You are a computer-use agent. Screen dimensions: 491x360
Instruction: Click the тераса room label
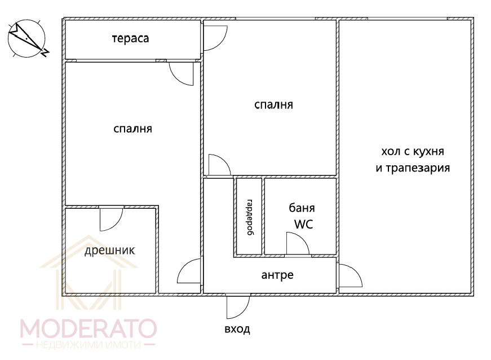130,38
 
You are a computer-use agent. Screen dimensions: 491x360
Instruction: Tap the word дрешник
110,251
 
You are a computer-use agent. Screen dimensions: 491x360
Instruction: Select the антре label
277,275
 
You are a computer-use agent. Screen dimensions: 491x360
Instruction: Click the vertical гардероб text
250,217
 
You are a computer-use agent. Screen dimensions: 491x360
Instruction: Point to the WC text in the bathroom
303,225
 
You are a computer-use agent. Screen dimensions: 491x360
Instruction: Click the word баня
302,208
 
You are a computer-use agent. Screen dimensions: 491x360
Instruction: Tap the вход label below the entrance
237,329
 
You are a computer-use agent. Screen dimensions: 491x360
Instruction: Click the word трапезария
418,168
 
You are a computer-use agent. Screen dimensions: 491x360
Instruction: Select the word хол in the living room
391,152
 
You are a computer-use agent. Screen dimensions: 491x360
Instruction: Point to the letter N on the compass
46,52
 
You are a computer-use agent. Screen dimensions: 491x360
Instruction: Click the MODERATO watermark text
89,328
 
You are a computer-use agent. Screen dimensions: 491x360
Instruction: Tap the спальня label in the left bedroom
133,129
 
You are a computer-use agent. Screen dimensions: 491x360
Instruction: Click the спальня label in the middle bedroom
273,104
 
